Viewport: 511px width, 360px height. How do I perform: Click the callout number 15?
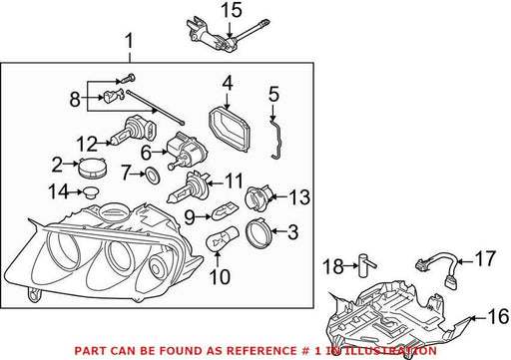click(x=232, y=10)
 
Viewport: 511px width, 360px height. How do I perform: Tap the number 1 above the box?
click(x=129, y=42)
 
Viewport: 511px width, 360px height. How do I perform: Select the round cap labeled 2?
click(x=94, y=168)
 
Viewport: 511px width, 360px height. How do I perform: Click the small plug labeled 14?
click(x=91, y=192)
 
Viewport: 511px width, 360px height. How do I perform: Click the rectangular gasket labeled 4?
click(x=230, y=129)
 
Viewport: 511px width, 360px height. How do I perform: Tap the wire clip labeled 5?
click(x=277, y=140)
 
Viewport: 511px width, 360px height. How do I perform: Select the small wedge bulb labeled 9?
click(x=225, y=211)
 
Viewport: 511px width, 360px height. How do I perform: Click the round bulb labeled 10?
click(x=222, y=238)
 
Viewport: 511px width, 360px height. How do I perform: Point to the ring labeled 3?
click(x=258, y=232)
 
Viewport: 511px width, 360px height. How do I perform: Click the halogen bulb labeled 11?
click(x=188, y=187)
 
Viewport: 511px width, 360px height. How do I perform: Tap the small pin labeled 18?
click(x=366, y=265)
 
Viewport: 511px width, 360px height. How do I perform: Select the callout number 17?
click(x=485, y=259)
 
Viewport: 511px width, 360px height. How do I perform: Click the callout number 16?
click(x=498, y=316)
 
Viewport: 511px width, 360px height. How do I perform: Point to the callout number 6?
click(x=147, y=154)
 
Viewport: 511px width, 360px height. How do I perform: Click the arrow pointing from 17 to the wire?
click(x=465, y=262)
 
